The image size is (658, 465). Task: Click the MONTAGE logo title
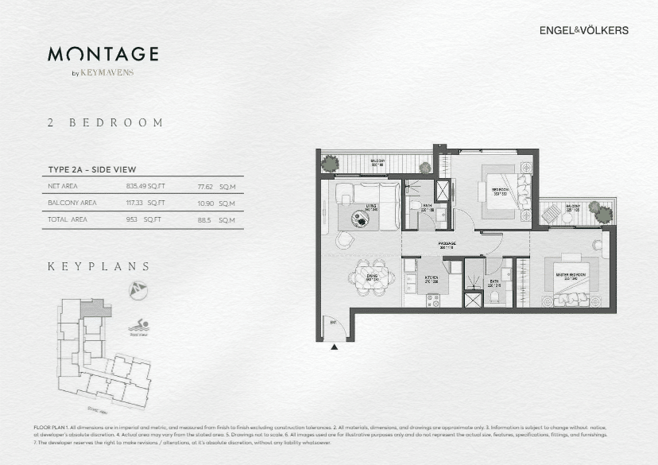[x=103, y=54]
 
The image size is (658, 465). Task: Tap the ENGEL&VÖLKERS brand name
[x=584, y=30]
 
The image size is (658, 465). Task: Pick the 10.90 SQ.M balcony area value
[x=216, y=203]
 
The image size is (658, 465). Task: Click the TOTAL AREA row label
[x=68, y=219]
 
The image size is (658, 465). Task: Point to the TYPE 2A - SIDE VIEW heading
[x=92, y=169]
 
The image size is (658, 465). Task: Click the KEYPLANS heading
[x=99, y=266]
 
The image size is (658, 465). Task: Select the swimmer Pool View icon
[x=139, y=326]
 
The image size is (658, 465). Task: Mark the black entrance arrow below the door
[x=335, y=347]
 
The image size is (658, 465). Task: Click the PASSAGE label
[x=447, y=245]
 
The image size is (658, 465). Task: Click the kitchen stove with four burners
[x=433, y=300]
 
